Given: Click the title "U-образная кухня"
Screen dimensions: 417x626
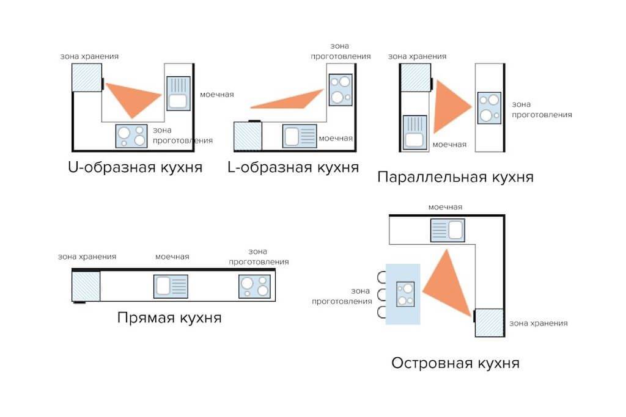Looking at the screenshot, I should (x=135, y=167).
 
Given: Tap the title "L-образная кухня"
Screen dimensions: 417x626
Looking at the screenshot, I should (x=293, y=167).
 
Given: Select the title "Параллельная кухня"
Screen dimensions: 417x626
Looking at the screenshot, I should (x=455, y=177).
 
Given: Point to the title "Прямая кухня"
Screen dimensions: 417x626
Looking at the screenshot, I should (x=169, y=317).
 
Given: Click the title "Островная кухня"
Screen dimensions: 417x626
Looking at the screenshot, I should (x=455, y=363).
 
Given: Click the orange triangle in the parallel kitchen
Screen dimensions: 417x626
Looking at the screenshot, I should (x=449, y=107).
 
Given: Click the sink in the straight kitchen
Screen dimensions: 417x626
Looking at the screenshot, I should (x=171, y=286).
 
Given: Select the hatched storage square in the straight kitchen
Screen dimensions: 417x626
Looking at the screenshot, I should (x=86, y=286).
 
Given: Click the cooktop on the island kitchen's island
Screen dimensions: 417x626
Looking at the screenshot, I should (x=405, y=293).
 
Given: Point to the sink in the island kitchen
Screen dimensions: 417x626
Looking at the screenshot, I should (x=447, y=230).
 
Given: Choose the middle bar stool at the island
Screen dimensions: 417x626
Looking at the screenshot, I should (x=383, y=296).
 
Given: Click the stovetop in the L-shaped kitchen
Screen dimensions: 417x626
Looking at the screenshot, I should (x=341, y=89).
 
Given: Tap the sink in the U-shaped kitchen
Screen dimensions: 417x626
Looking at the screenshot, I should (x=179, y=93).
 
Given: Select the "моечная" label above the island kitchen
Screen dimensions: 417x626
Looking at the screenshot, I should (x=445, y=208).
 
